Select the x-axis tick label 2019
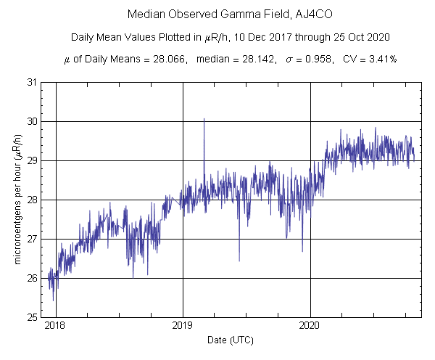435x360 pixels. click(x=183, y=326)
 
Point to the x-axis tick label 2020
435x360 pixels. click(x=310, y=326)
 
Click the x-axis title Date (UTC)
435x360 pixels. click(x=228, y=340)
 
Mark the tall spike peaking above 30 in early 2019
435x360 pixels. click(x=204, y=120)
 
